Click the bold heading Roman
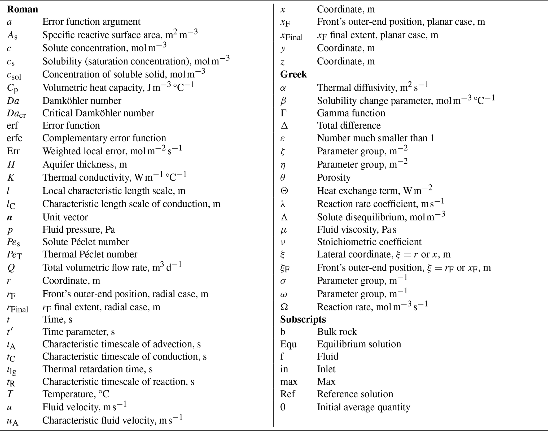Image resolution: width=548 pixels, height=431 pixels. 23,9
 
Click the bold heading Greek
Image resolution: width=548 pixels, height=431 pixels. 293,74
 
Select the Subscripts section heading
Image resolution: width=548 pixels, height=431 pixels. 303,319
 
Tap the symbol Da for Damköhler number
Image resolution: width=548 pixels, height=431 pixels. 13,101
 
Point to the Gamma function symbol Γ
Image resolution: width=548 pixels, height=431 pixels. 283,113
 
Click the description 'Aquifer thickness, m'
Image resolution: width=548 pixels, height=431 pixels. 85,164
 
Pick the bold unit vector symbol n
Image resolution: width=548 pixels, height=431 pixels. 10,217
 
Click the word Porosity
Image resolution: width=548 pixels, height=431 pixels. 334,177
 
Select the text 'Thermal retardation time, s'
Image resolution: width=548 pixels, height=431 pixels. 97,369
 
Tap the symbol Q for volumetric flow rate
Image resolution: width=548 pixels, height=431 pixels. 11,268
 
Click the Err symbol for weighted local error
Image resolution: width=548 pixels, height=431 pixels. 13,151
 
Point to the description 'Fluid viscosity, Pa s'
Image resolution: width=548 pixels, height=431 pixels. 357,229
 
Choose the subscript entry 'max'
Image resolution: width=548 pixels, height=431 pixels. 289,382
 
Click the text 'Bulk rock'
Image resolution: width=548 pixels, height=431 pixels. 337,332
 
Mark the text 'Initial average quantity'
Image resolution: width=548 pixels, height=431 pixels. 363,407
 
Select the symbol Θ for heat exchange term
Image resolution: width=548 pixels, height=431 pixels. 284,191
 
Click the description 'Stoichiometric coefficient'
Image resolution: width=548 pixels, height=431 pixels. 369,242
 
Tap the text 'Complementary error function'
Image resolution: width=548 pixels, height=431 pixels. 104,138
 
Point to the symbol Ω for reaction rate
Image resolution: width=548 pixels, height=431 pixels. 284,307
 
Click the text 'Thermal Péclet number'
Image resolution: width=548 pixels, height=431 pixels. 90,254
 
